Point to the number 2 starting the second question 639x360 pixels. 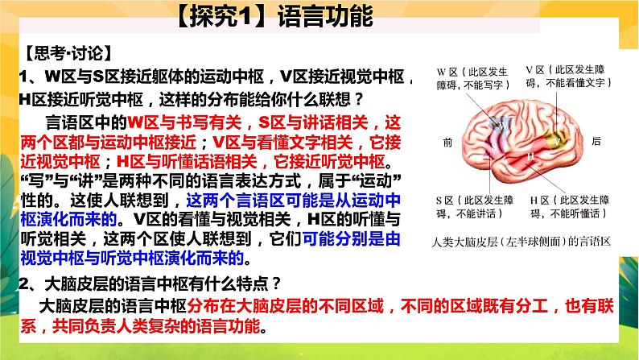[x=25, y=282]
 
